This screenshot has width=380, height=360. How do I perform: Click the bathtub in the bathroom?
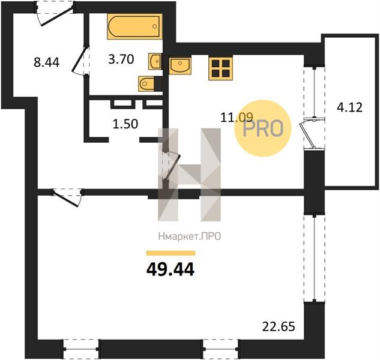134,26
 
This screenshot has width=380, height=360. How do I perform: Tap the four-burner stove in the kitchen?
220,68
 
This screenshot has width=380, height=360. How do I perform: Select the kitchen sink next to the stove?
180,66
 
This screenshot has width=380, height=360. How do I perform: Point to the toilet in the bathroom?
147,84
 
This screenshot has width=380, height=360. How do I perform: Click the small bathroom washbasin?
155,62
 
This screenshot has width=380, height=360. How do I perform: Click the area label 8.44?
47,62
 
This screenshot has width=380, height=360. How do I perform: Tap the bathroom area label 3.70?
121,59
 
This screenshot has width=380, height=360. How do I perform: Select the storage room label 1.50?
125,124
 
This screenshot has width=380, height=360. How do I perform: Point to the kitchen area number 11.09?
237,118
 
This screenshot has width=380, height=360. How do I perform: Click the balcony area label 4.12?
349,107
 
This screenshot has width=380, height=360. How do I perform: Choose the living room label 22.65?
279,326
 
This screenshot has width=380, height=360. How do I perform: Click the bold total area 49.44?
170,269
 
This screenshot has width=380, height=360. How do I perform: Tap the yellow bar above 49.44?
170,253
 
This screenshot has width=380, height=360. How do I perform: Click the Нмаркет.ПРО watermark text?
190,236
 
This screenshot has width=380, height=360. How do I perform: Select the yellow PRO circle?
263,128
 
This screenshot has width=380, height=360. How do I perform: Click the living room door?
67,197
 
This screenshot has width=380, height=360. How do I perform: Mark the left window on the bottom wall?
81,349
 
